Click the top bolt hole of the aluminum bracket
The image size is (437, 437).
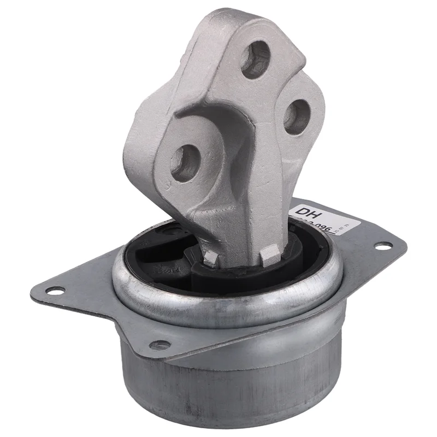pyautogui.click(x=255, y=60)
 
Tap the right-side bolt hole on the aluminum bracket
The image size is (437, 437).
pyautogui.click(x=297, y=115)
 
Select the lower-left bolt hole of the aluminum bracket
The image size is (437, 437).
pyautogui.click(x=181, y=161)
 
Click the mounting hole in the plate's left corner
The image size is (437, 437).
pyautogui.click(x=55, y=291)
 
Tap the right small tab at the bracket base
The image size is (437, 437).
pyautogui.click(x=269, y=252)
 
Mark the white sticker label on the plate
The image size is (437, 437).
pyautogui.click(x=328, y=218)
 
